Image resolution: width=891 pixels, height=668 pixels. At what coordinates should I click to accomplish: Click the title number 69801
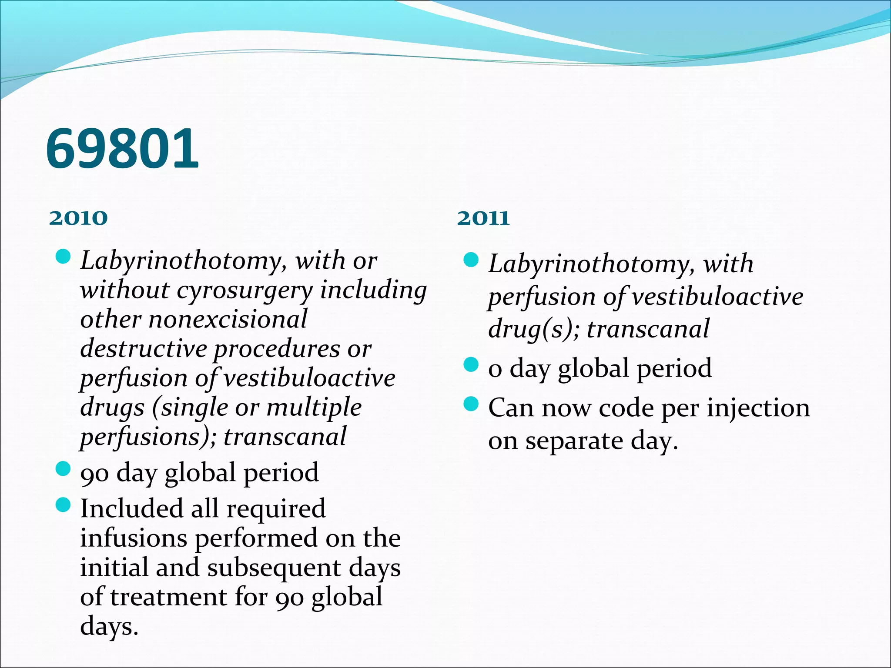tap(122, 149)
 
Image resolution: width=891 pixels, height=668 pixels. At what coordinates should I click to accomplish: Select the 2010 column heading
tap(78, 218)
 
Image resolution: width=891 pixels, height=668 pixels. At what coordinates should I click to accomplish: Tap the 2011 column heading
tap(483, 218)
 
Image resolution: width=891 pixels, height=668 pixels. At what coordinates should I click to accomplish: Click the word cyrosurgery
tap(245, 291)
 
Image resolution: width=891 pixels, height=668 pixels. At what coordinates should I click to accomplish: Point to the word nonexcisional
tap(228, 320)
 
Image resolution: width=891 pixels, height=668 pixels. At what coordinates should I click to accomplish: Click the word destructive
tap(144, 349)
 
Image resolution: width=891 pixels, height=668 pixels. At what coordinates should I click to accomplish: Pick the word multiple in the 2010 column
tap(314, 407)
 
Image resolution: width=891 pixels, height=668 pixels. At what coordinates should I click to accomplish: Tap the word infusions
tap(133, 538)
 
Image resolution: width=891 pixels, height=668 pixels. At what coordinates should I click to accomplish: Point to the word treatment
tap(168, 597)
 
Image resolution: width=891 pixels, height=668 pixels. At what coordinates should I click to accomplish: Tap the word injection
tap(758, 408)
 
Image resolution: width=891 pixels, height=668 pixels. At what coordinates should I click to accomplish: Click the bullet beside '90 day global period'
tap(64, 469)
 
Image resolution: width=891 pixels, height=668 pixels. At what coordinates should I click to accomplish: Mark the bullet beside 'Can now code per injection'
tap(471, 404)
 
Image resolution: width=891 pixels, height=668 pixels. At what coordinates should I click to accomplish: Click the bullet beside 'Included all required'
tap(64, 505)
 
